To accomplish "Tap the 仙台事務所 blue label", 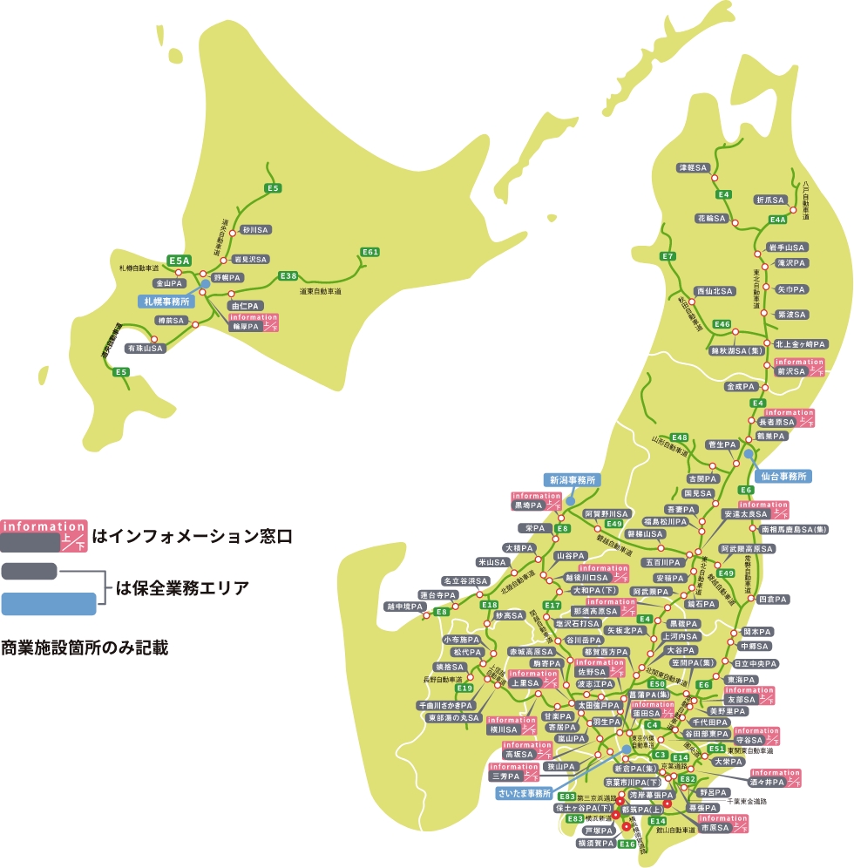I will (x=781, y=477).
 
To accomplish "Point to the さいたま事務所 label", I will (x=525, y=794).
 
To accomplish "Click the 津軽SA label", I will (x=694, y=166).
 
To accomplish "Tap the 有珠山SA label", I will (x=145, y=348).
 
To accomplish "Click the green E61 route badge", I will (x=370, y=252).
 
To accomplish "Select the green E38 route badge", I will (x=288, y=275).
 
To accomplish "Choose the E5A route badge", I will (x=180, y=260).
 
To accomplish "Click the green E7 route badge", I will (x=668, y=256).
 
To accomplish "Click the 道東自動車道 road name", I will (x=320, y=290).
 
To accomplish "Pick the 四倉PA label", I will (x=772, y=600).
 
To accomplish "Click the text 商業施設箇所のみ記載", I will (x=84, y=648).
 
